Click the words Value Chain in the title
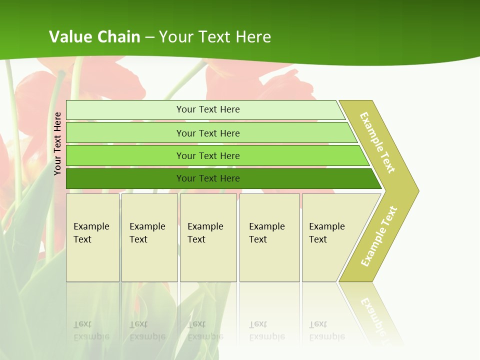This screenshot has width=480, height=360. coord(94,37)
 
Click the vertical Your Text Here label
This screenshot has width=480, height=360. coord(57,143)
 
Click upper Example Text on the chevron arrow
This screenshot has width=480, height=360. coord(377,142)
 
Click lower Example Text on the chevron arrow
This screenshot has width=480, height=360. coord(379,236)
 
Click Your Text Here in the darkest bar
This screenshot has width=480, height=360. coord(208,178)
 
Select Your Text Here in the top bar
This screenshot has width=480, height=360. coord(208,109)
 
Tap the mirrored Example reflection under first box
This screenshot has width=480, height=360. coord(91,336)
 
